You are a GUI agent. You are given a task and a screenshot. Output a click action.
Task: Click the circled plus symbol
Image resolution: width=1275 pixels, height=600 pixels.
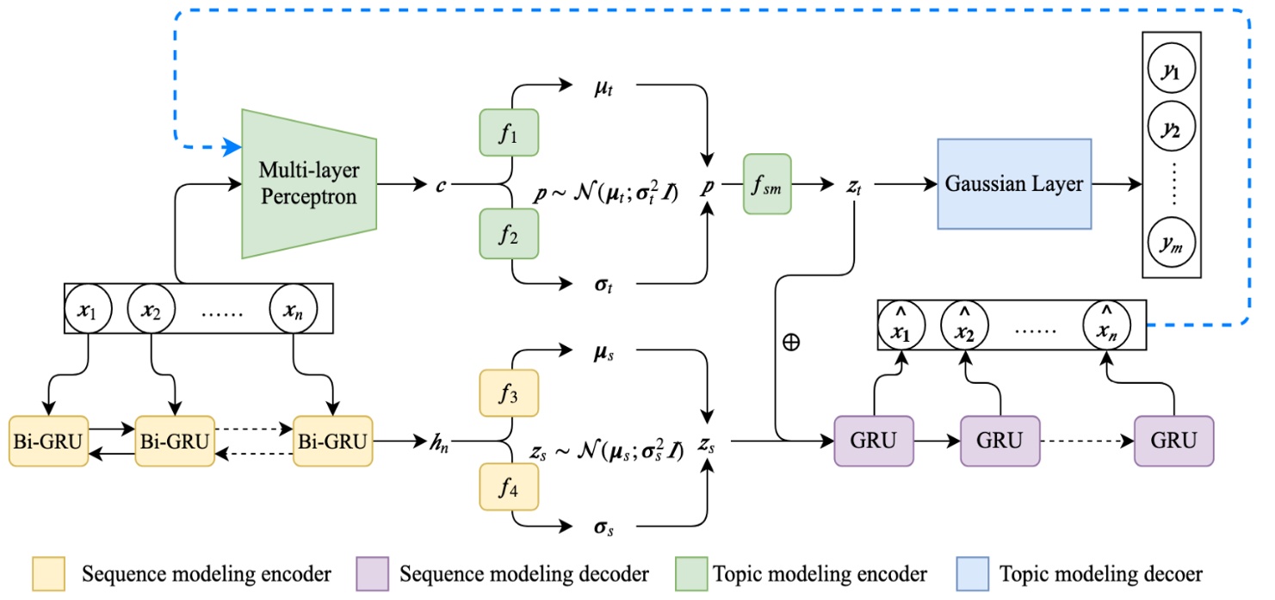790,341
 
